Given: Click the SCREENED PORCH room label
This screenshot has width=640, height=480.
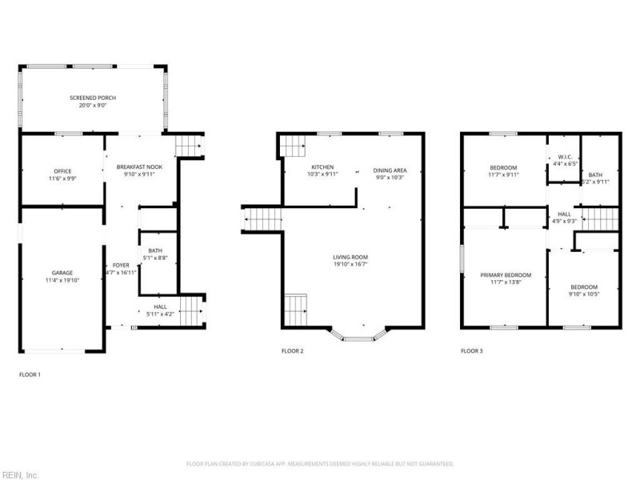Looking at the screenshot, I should pos(93,97).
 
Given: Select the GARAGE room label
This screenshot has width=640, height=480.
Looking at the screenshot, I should pos(62,273).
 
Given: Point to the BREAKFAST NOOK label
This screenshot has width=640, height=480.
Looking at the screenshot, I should pos(139,166).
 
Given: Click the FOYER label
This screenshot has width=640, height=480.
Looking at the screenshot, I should pos(121,265).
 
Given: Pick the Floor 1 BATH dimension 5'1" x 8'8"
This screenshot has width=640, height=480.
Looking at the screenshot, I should pos(155,258).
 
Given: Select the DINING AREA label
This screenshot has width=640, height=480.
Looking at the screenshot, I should pos(391,170).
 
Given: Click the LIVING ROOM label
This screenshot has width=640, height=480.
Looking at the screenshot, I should pos(350,257).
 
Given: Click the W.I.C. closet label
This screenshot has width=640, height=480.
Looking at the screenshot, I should pos(563,157).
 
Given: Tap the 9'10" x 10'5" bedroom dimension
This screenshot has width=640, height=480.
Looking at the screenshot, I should pos(584,294).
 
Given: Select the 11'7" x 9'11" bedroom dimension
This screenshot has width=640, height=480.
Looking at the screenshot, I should pos(503,174).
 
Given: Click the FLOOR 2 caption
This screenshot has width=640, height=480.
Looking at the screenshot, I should pos(292,350).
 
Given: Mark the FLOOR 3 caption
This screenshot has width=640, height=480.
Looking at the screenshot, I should pos(471,350).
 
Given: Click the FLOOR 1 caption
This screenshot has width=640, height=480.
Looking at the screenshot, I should pos(30,374).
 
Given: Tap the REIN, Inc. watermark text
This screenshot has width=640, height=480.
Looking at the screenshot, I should pos(19,474).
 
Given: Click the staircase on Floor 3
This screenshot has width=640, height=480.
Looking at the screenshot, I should pos(599,218).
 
